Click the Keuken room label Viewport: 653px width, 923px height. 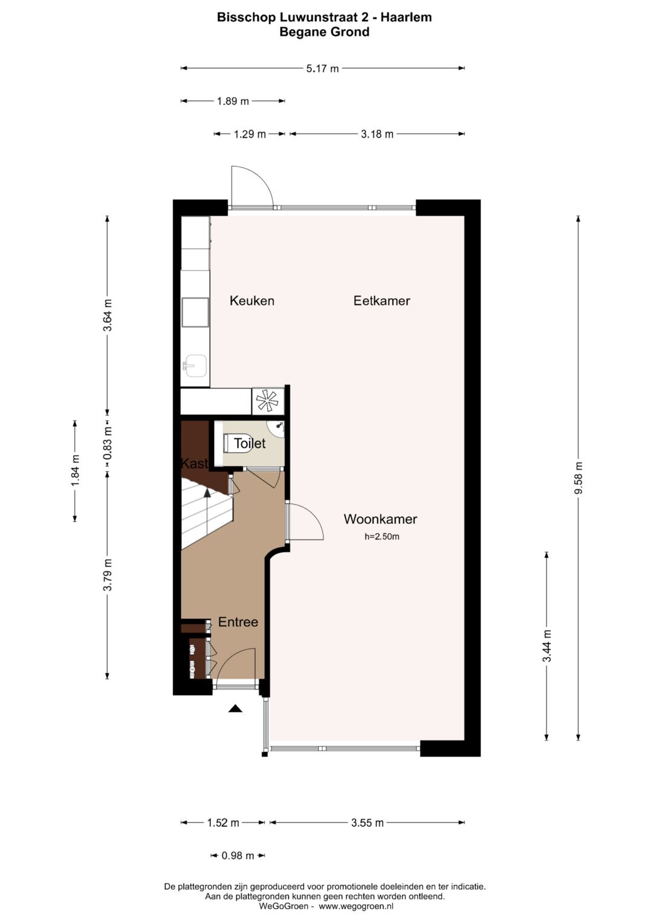[x=252, y=300]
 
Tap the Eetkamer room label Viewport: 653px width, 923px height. [x=382, y=300]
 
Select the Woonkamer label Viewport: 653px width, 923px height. [x=380, y=519]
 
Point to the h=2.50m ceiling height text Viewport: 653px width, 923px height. [x=382, y=536]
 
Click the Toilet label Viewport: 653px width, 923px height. [x=250, y=443]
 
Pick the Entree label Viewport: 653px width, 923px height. [x=238, y=622]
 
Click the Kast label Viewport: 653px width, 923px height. [x=194, y=464]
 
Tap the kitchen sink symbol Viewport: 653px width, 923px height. [x=195, y=365]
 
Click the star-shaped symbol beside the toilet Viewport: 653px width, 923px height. [x=267, y=400]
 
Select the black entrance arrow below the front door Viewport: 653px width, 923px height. [x=235, y=708]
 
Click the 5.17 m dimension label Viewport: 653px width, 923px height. [x=322, y=68]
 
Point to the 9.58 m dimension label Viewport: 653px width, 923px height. [x=579, y=478]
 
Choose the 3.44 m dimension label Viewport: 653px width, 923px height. [x=547, y=646]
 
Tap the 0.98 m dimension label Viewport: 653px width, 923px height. [x=238, y=855]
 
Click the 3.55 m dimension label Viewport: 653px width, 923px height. [x=367, y=823]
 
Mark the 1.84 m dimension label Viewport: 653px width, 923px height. [x=75, y=470]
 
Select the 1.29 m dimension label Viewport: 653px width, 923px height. [x=250, y=134]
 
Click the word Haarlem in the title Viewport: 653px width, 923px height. [x=406, y=17]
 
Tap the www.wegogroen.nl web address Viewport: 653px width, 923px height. [x=356, y=906]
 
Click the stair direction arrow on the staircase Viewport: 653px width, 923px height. [x=207, y=493]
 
